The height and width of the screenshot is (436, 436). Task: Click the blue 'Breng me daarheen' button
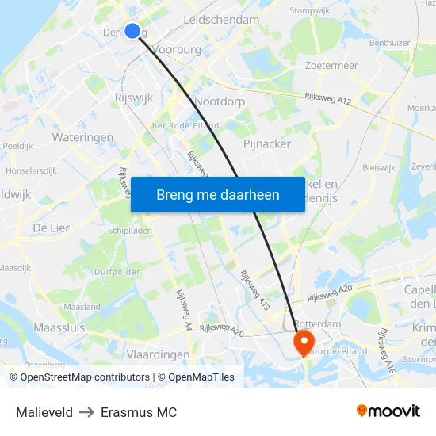[x=217, y=195]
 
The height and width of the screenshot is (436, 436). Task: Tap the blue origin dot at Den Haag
[x=132, y=31]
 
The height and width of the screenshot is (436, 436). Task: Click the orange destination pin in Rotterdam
[x=304, y=342]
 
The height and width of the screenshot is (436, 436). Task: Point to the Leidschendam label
[x=221, y=19]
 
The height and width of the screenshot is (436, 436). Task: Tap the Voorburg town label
[x=176, y=48]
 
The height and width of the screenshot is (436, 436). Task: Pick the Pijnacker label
[x=267, y=143]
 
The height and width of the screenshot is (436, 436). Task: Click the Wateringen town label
[x=82, y=137]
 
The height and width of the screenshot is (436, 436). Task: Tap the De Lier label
[x=51, y=228]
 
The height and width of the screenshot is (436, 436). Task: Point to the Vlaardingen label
[x=159, y=354]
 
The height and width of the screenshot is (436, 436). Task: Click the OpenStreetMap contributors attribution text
[x=85, y=377]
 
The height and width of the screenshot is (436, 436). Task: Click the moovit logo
[x=388, y=411]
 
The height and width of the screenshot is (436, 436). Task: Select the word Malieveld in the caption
[x=44, y=412]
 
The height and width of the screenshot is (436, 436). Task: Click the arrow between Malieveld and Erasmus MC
[x=87, y=412]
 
